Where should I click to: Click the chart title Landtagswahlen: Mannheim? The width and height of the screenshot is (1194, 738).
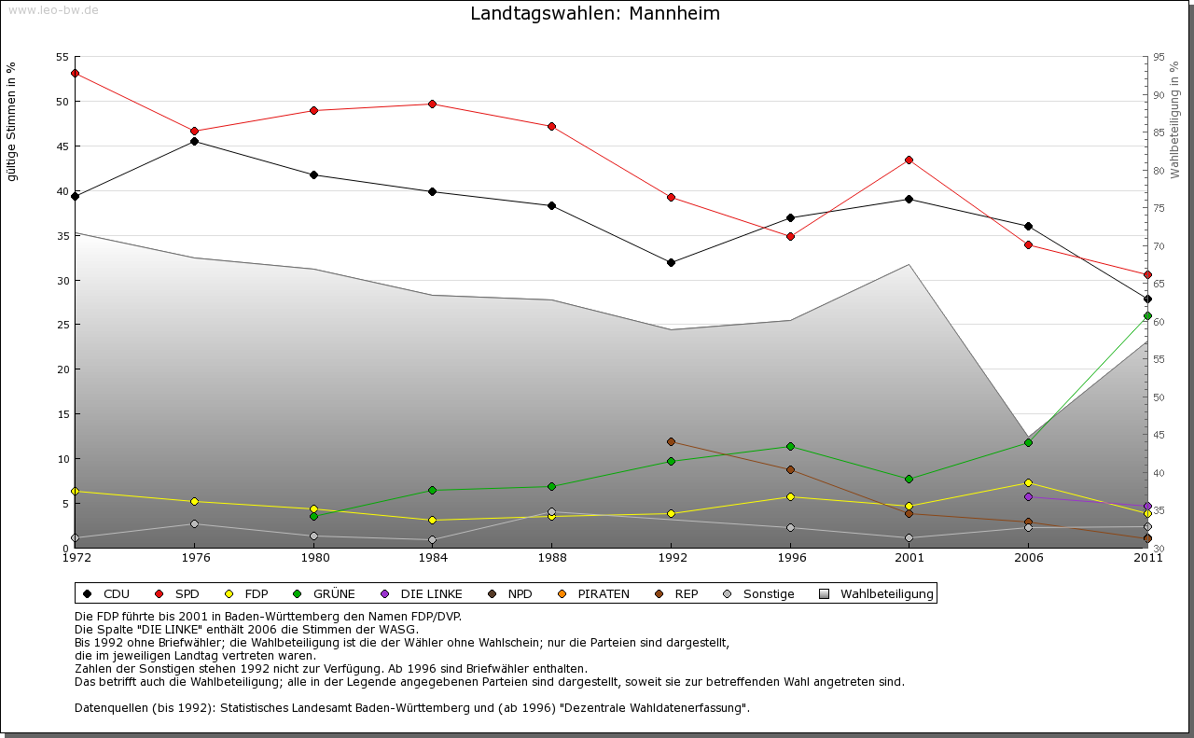[595, 14]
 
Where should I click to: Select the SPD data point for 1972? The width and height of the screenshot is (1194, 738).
[75, 73]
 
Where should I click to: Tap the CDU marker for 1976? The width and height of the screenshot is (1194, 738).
[194, 141]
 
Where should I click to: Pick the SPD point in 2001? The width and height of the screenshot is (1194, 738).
[909, 160]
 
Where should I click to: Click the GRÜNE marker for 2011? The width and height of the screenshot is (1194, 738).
[1147, 315]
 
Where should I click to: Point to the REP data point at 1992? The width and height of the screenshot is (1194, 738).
[671, 441]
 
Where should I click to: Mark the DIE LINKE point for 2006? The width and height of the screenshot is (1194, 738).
[1028, 496]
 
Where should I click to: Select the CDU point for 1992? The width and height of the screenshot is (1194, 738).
[671, 262]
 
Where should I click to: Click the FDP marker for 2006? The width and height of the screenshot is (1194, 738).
[1028, 482]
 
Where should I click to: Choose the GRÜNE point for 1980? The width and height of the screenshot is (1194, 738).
[313, 516]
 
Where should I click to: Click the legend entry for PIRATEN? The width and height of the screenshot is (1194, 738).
[603, 594]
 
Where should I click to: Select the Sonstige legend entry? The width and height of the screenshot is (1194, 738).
[768, 594]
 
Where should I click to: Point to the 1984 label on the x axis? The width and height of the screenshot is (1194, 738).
[433, 558]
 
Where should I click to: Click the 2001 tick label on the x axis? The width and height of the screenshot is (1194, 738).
[909, 558]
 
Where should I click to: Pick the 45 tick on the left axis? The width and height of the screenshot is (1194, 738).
[62, 146]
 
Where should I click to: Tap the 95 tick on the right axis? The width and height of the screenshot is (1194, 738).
[1159, 58]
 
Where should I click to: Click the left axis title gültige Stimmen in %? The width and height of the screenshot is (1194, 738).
[12, 121]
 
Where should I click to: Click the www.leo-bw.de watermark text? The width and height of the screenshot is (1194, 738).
[50, 9]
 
